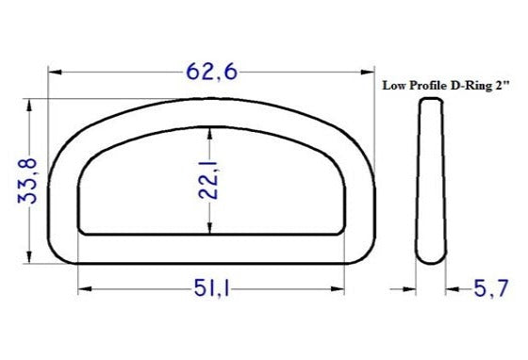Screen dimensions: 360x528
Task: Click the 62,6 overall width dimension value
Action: tap(209, 71)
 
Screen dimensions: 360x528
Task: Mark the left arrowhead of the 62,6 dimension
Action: tap(55, 72)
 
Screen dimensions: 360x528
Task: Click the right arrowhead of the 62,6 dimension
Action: tap(364, 72)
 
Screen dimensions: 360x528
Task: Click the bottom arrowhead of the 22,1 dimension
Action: tap(209, 230)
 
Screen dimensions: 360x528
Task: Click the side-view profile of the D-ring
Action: tap(429, 179)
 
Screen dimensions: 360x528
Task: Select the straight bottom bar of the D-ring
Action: tap(209, 247)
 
